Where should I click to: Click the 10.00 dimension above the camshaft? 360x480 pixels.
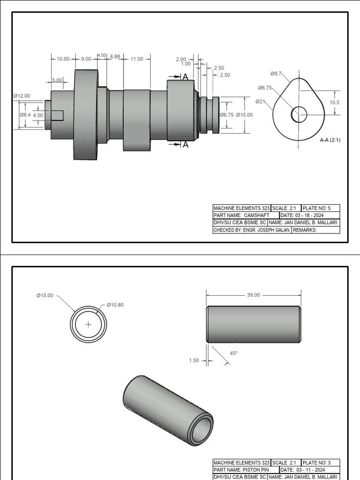(x=63, y=59)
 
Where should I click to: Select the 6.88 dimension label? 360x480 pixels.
(x=115, y=57)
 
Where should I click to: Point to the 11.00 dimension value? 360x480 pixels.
(x=137, y=59)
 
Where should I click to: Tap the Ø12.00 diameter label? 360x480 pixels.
(x=22, y=96)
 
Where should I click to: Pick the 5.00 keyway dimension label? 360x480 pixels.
(x=57, y=80)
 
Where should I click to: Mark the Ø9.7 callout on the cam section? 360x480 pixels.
(x=276, y=74)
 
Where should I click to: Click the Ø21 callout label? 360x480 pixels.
(x=261, y=101)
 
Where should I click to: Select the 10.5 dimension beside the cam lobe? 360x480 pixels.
(x=334, y=102)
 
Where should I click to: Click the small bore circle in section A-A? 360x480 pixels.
(x=299, y=114)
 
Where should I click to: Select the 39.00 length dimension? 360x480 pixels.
(x=253, y=295)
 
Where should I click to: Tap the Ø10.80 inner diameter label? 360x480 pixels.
(x=115, y=305)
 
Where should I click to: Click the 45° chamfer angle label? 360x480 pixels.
(x=233, y=353)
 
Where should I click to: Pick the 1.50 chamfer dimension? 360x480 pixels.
(x=194, y=360)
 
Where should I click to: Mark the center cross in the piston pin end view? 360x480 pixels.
(x=88, y=324)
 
